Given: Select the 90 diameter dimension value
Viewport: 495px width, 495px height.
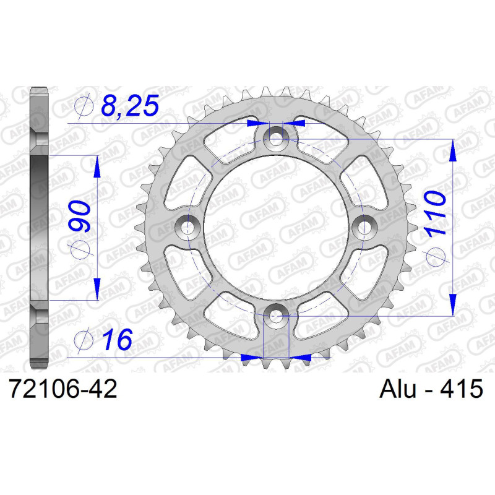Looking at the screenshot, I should (x=82, y=216).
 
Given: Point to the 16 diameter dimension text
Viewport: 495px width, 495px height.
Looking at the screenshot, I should (x=116, y=340).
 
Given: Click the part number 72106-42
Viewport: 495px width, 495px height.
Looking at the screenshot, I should (x=61, y=390).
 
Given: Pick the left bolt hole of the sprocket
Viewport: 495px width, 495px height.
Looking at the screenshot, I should (x=184, y=227).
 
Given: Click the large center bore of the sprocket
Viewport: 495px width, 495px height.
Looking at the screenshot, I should (x=275, y=227).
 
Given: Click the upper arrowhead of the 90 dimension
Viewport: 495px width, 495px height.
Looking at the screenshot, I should (x=97, y=166).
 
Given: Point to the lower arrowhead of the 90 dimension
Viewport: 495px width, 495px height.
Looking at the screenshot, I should (x=97, y=288).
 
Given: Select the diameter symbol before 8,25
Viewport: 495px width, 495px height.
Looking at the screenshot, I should (x=83, y=106).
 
